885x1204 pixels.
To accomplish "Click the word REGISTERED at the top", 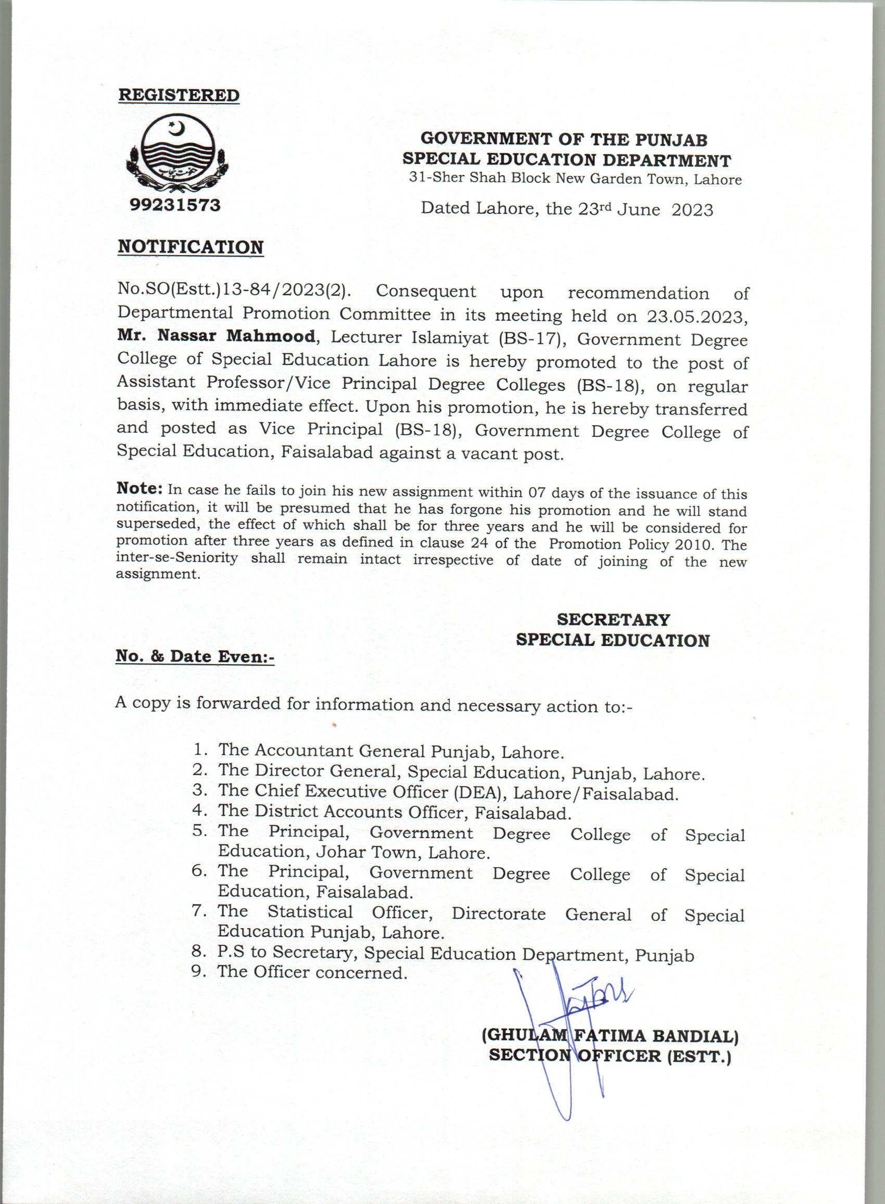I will pyautogui.click(x=179, y=95).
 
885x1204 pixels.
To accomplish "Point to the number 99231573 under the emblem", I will pyautogui.click(x=175, y=205).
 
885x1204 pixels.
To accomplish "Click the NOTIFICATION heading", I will pyautogui.click(x=190, y=247).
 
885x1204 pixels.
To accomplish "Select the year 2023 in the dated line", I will pyautogui.click(x=692, y=209).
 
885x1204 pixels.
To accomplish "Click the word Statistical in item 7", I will pyautogui.click(x=310, y=912).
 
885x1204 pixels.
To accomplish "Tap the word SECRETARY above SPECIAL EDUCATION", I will pyautogui.click(x=613, y=619).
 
